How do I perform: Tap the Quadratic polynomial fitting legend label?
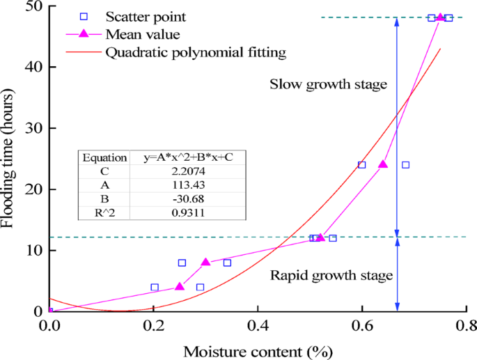(196, 52)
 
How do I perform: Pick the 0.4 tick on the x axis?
(258, 325)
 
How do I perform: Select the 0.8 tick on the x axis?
(465, 325)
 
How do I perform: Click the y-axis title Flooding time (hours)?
(10, 159)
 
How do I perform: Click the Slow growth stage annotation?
(328, 85)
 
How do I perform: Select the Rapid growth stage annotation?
(332, 275)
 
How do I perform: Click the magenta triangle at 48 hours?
(440, 17)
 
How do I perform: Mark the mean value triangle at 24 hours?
(383, 164)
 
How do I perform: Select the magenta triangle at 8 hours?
(206, 262)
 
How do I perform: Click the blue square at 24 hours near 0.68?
(405, 165)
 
